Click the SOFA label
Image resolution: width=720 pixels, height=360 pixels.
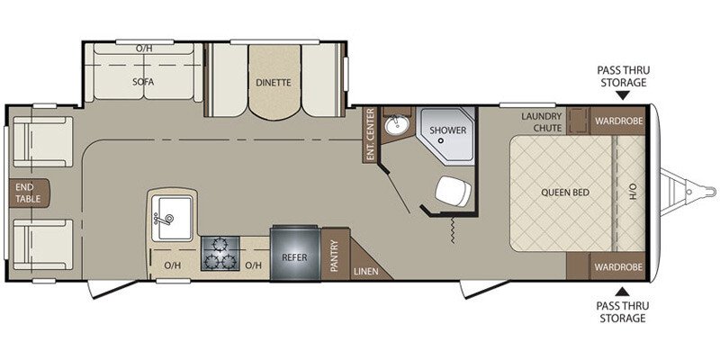(143, 82)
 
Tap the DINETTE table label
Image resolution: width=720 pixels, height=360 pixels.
(274, 83)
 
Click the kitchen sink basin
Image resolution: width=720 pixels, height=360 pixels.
(171, 218)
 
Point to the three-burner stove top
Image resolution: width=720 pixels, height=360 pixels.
(219, 254)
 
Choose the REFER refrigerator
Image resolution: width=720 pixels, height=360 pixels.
(294, 253)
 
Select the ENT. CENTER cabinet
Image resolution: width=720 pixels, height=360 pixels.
(370, 134)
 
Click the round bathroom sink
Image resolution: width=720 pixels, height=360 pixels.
(394, 125)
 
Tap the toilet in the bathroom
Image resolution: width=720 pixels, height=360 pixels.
(453, 191)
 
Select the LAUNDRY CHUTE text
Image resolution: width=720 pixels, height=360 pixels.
(542, 122)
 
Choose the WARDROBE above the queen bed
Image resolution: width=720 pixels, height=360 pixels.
(618, 121)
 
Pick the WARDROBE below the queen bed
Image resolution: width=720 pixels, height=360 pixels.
(618, 266)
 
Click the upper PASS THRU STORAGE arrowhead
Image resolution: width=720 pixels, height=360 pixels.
(622, 95)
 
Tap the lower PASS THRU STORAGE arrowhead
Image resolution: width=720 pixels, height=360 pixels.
(622, 291)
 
